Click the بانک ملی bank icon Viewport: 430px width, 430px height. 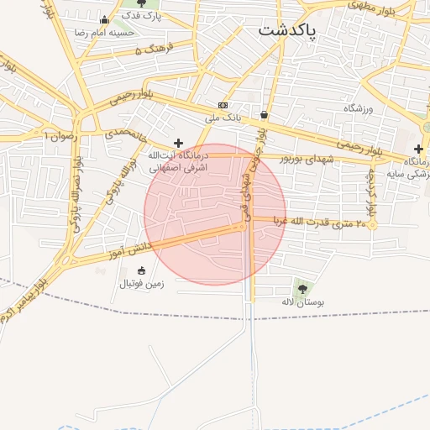[x=223, y=106]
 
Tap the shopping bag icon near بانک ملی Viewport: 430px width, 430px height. [x=265, y=115]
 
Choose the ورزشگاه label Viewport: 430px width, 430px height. [x=359, y=108]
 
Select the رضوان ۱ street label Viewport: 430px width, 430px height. [x=56, y=135]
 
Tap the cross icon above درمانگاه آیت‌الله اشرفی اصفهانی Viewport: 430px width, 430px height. [x=178, y=144]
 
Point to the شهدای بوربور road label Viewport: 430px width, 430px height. [x=306, y=159]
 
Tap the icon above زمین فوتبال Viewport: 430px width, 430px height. [x=140, y=270]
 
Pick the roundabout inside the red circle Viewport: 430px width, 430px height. [x=242, y=226]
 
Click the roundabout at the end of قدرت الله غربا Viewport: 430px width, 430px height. [x=372, y=224]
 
